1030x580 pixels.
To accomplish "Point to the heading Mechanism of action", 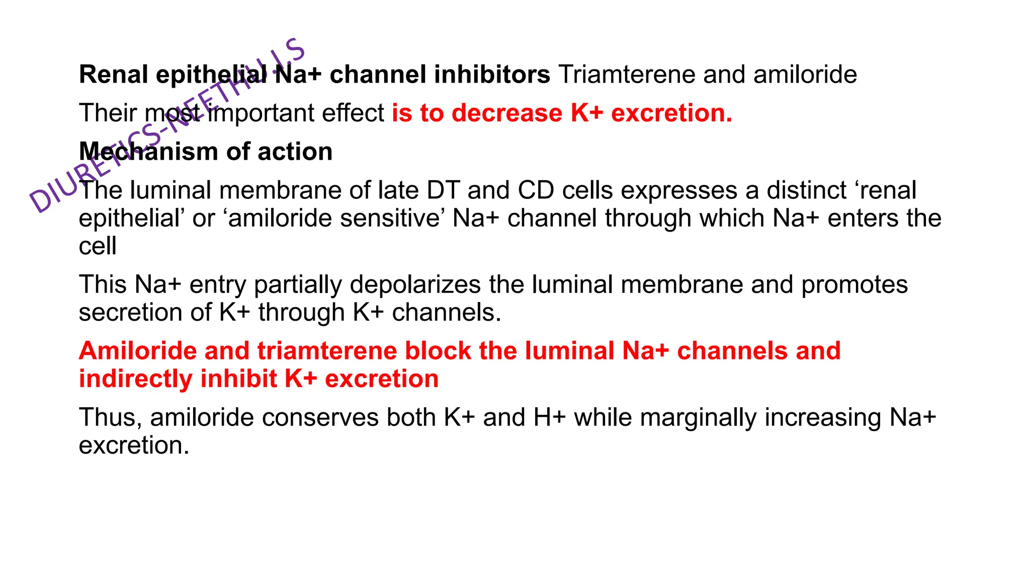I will [206, 152].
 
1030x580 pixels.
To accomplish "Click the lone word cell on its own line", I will [98, 246].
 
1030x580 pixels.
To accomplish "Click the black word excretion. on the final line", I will [134, 446].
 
